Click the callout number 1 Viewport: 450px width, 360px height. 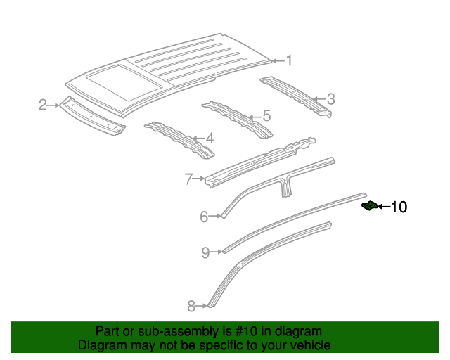pyautogui.click(x=288, y=61)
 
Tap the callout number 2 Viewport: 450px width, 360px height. pyautogui.click(x=43, y=105)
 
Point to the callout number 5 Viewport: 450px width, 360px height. pyautogui.click(x=266, y=115)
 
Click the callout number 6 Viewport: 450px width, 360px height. pyautogui.click(x=204, y=217)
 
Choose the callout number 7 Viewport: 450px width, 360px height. pyautogui.click(x=188, y=179)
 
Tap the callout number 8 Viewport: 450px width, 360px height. pyautogui.click(x=191, y=305)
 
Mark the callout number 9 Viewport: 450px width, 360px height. pyautogui.click(x=205, y=252)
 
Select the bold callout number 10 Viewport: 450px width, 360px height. pyautogui.click(x=398, y=207)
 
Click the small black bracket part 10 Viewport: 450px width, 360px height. pyautogui.click(x=368, y=205)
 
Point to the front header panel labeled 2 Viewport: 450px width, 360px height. pyautogui.click(x=91, y=115)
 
